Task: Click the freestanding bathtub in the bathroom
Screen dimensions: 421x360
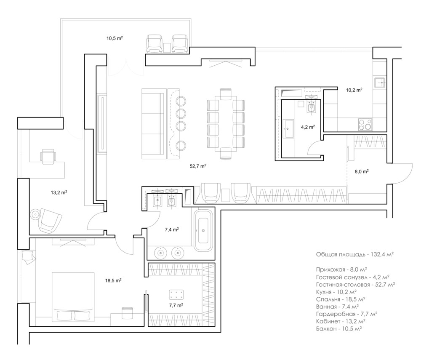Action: [x=203, y=231]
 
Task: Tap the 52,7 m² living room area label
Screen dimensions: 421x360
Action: [x=198, y=166]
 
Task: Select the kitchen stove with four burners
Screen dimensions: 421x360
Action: [x=365, y=125]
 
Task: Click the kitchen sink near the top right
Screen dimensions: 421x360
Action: [x=380, y=83]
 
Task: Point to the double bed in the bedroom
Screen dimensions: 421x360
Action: [x=73, y=297]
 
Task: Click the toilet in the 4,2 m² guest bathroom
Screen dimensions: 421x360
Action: [x=312, y=107]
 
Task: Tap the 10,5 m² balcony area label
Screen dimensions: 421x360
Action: [x=115, y=38]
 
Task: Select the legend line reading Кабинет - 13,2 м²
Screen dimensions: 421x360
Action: [x=341, y=321]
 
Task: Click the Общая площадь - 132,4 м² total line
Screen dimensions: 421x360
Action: [x=354, y=254]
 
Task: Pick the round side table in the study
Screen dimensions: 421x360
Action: [x=35, y=214]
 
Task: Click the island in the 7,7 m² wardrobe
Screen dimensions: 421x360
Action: [x=176, y=294]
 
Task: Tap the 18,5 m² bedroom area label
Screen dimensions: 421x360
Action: [x=113, y=280]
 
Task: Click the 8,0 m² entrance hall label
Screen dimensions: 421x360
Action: [x=362, y=171]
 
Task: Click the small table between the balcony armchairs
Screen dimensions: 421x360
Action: [x=167, y=48]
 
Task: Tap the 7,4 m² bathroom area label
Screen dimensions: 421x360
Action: [x=172, y=229]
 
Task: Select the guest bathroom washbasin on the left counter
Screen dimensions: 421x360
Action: [x=288, y=128]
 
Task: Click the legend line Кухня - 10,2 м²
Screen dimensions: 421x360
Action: [x=336, y=292]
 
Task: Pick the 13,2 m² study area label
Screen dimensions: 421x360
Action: [x=59, y=192]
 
